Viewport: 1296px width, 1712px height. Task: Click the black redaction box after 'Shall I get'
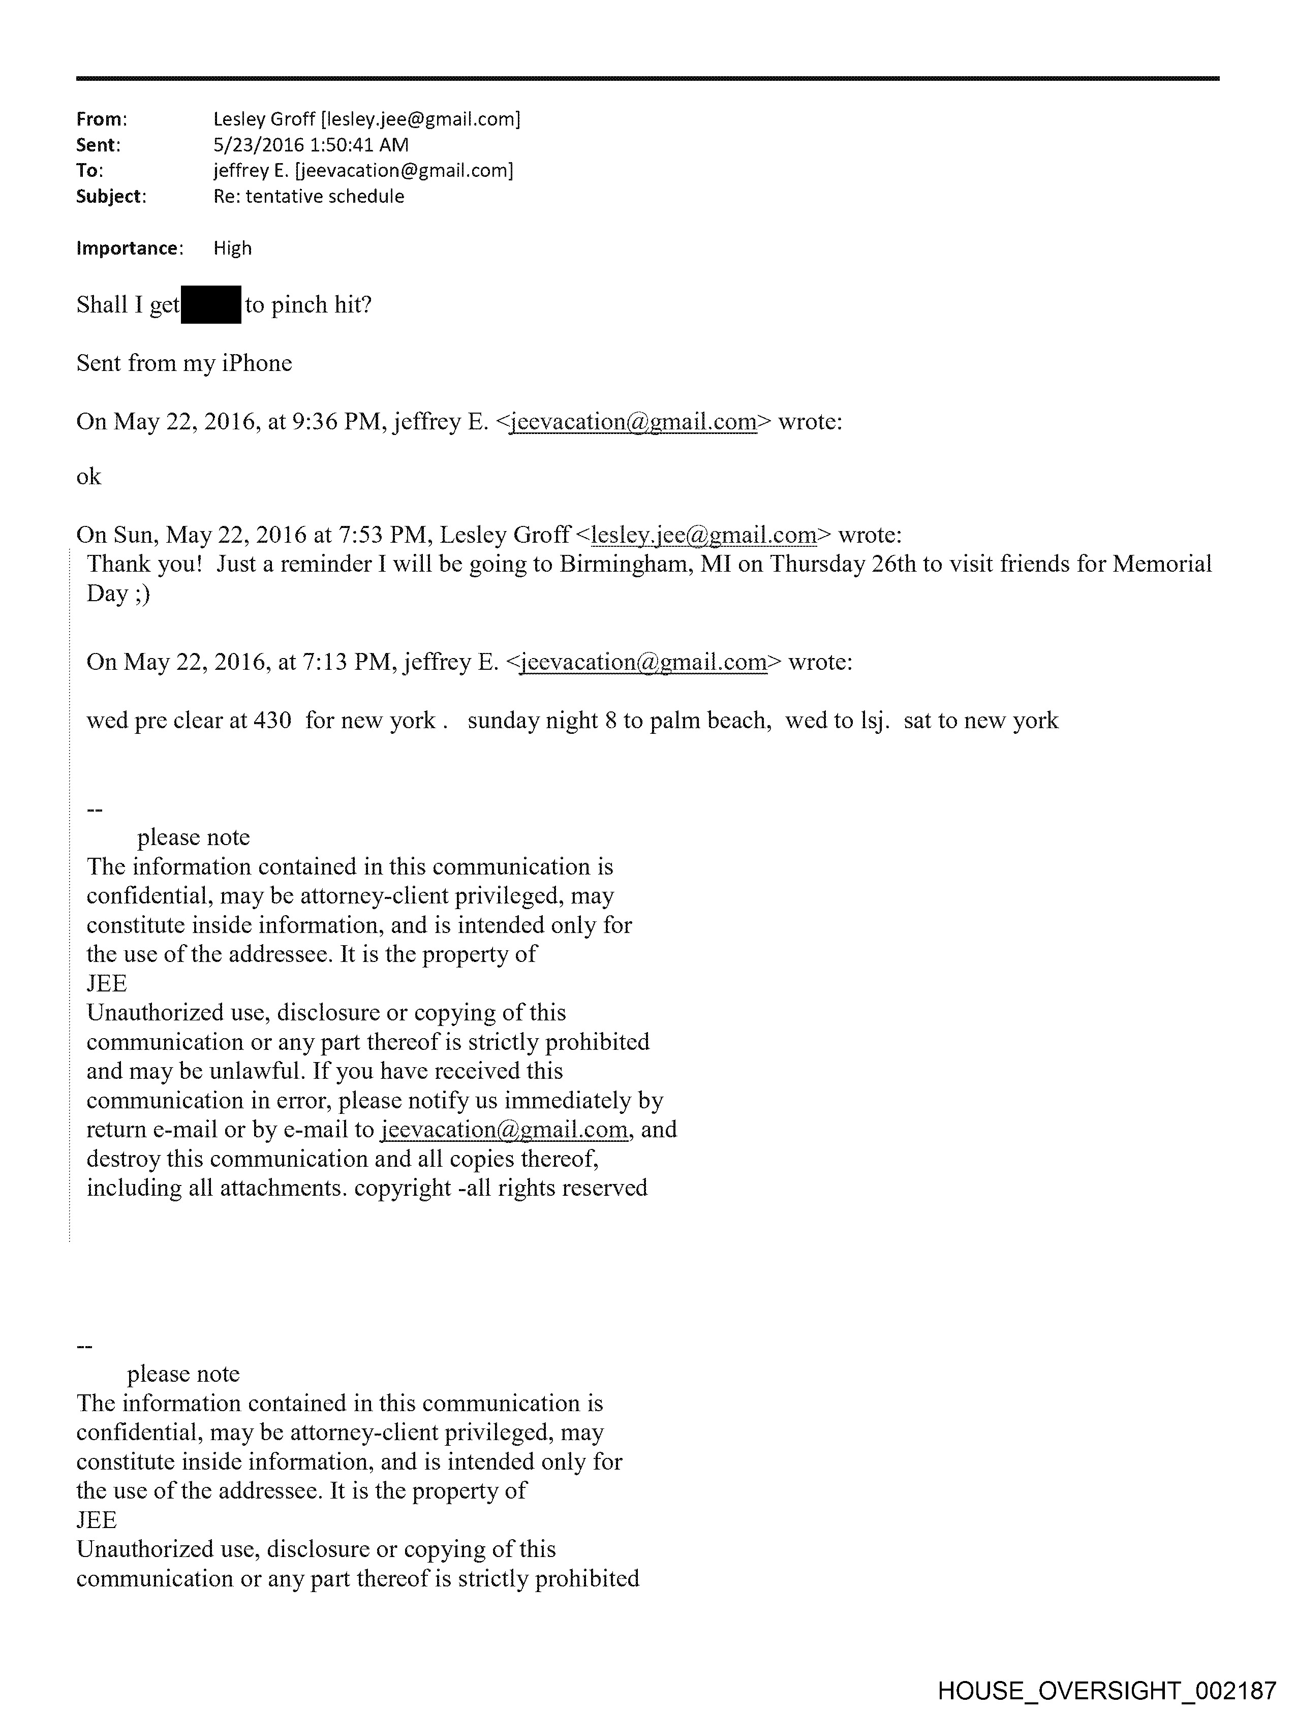click(210, 305)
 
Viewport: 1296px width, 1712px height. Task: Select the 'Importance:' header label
click(129, 248)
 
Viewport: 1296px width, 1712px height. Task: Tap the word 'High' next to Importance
click(232, 248)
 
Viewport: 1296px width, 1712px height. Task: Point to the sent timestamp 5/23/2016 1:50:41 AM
click(311, 145)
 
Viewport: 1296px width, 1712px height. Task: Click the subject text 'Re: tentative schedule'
click(308, 197)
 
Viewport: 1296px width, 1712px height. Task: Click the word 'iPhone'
click(257, 363)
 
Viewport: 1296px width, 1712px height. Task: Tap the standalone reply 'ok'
click(88, 477)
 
